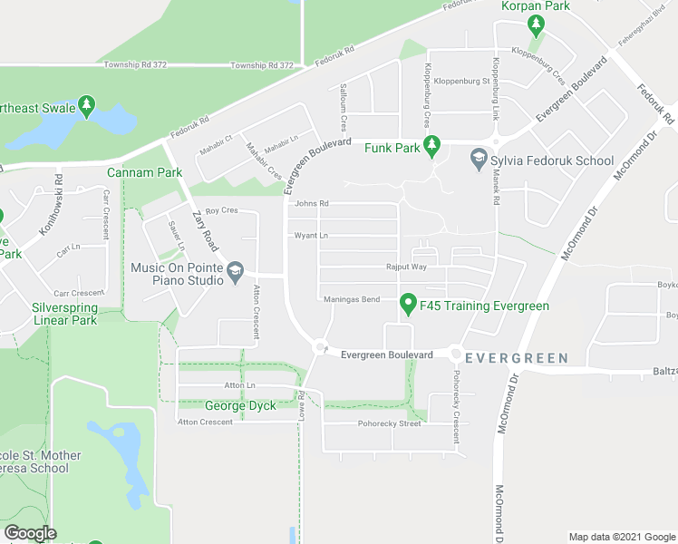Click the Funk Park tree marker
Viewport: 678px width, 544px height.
[x=432, y=145]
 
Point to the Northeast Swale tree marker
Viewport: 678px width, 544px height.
[x=87, y=105]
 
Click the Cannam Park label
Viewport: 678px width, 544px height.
[x=144, y=172]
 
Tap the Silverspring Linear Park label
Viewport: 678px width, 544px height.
[x=64, y=314]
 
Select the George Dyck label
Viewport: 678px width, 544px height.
[x=238, y=405]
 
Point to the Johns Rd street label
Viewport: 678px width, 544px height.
[x=311, y=204]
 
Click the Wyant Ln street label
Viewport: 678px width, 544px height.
[x=310, y=236]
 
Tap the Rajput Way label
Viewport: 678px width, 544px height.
[x=405, y=267]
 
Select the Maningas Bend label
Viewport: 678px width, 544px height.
[x=351, y=299]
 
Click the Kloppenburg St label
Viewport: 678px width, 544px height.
[x=462, y=82]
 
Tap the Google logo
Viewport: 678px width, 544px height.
[x=30, y=533]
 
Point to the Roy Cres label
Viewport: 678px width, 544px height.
[x=221, y=210]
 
